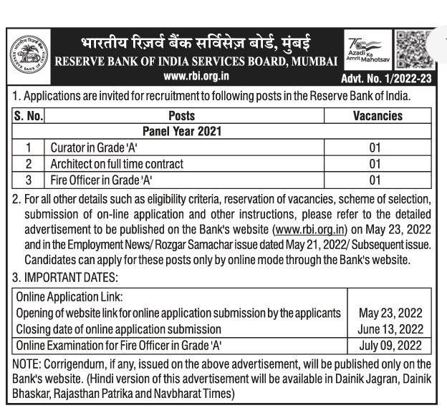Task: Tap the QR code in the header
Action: pos(414,49)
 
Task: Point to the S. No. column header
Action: pos(29,116)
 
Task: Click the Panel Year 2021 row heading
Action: pos(181,132)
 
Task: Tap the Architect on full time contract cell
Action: pos(116,164)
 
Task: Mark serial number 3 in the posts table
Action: pos(29,180)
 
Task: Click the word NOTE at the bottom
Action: pos(27,364)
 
